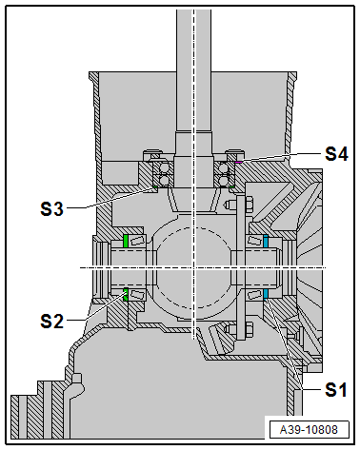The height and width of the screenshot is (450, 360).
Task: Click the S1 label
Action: coord(336,389)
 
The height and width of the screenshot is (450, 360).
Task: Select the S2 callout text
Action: coord(51,321)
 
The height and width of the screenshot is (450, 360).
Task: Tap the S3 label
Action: coord(51,208)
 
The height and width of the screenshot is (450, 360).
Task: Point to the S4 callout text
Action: coord(336,154)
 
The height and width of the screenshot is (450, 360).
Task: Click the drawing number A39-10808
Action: coord(309,430)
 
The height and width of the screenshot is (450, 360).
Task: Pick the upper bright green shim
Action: coord(126,242)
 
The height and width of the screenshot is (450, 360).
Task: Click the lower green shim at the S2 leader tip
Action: coord(126,295)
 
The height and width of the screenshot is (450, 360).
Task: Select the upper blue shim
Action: coord(266,242)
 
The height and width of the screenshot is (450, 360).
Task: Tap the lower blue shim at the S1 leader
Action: coord(266,295)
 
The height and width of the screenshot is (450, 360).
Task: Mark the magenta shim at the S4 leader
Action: coord(238,162)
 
